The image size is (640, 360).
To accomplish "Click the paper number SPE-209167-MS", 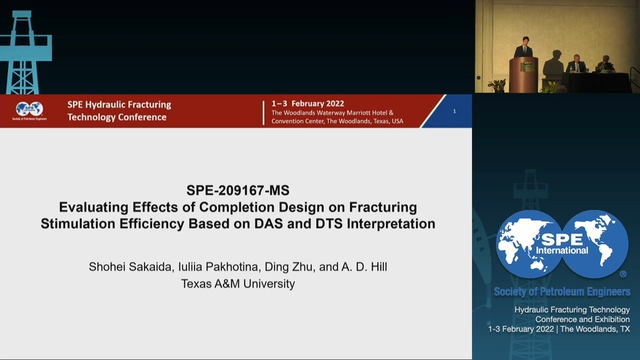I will [237, 186].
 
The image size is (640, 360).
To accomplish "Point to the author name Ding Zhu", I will [287, 266].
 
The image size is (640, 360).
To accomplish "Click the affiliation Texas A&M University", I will [236, 283].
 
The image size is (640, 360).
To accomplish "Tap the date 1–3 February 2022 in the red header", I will [312, 103].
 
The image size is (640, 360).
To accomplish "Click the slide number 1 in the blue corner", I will [455, 111].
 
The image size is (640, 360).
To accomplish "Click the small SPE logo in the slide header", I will [29, 110].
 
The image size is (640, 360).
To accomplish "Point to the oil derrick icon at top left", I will [26, 46].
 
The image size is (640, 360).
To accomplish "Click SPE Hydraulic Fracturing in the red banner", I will [119, 104].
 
